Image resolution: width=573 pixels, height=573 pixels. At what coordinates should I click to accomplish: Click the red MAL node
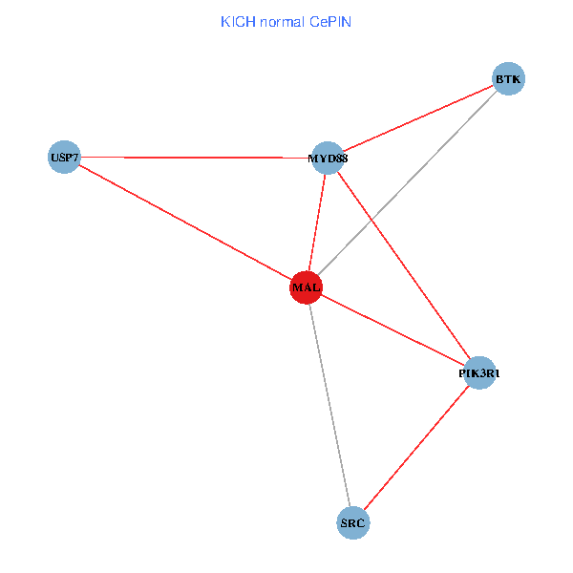click(306, 287)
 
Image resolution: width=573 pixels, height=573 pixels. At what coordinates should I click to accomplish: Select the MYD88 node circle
click(328, 159)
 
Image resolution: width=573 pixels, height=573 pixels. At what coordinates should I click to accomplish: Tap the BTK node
click(508, 79)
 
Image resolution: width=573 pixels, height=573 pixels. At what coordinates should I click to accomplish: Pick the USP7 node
click(64, 157)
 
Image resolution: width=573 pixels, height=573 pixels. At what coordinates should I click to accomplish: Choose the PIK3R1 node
click(478, 373)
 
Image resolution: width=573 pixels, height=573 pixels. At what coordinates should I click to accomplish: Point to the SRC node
click(353, 523)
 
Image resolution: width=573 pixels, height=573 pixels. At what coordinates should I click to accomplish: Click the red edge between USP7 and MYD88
click(191, 158)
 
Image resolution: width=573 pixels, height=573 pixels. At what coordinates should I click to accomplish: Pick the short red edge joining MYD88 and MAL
click(317, 223)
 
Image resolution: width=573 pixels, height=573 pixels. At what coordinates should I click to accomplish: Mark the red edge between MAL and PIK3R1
click(392, 330)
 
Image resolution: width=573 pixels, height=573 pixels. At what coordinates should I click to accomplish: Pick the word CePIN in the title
click(330, 20)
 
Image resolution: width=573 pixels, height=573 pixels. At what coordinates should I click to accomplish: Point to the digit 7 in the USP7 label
click(75, 157)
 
